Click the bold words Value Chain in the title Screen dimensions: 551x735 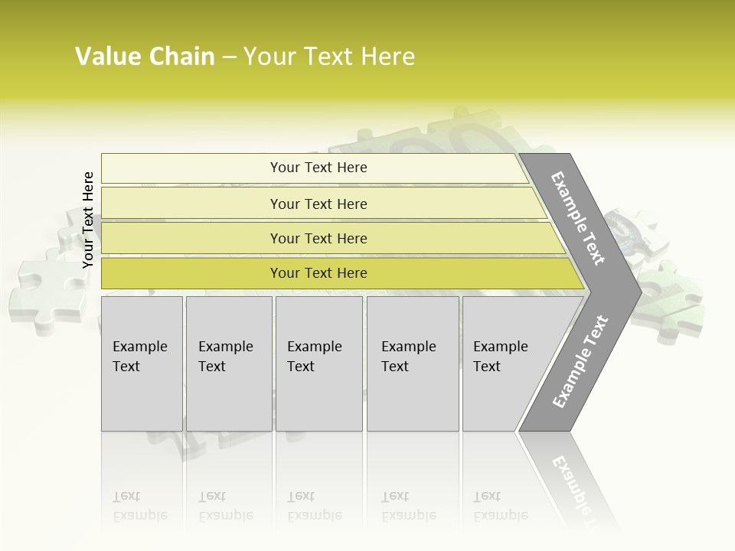pyautogui.click(x=145, y=57)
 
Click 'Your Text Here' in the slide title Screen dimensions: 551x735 pyautogui.click(x=329, y=57)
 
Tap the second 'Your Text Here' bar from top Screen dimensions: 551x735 pyautogui.click(x=318, y=204)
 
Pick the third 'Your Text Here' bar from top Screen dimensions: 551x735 pyautogui.click(x=318, y=238)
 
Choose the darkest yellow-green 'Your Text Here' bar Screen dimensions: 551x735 pyautogui.click(x=318, y=273)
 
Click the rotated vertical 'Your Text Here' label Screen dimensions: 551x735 pyautogui.click(x=88, y=220)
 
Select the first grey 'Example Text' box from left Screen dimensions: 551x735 pyautogui.click(x=142, y=363)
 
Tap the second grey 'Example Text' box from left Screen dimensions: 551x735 pyautogui.click(x=228, y=363)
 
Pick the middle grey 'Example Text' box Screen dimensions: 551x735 pyautogui.click(x=318, y=363)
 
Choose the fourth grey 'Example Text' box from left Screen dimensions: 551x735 pyautogui.click(x=413, y=363)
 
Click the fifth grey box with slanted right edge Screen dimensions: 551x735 pyautogui.click(x=505, y=363)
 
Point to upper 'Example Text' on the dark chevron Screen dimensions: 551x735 pyautogui.click(x=578, y=219)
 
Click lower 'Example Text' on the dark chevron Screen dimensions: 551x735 pyautogui.click(x=580, y=362)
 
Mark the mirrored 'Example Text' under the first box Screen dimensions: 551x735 pyautogui.click(x=140, y=506)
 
